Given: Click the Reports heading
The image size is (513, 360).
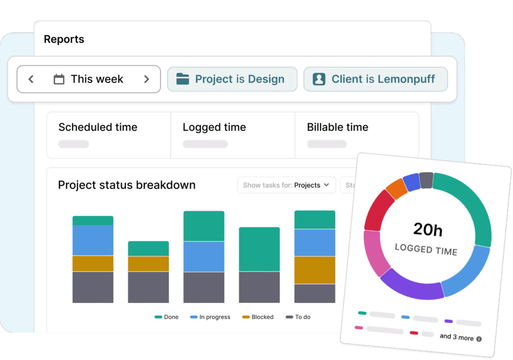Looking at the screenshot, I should click(64, 39).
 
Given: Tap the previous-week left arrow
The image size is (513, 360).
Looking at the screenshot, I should click(31, 79).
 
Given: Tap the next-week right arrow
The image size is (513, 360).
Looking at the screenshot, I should click(146, 79).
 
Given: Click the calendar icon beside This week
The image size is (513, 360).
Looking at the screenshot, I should click(59, 79).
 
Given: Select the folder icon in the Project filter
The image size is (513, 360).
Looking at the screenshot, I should click(182, 79).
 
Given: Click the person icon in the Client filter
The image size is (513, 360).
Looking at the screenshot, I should click(319, 79).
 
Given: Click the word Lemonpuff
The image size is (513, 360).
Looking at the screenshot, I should click(406, 79).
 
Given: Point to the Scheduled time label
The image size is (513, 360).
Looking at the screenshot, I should click(98, 127).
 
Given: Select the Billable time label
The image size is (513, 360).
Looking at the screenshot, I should click(337, 127).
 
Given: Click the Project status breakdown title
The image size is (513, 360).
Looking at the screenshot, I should click(127, 185).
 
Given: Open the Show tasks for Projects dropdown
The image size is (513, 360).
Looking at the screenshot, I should click(286, 185).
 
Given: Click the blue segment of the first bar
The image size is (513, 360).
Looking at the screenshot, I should click(93, 240).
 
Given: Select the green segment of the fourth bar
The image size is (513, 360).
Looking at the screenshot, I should click(259, 249).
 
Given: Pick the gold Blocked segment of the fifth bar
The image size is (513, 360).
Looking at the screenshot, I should click(315, 270).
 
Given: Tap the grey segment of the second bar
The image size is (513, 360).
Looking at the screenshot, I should click(148, 287).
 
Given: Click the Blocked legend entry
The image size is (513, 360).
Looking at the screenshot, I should click(258, 317).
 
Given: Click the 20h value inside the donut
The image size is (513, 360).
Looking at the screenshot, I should click(427, 230).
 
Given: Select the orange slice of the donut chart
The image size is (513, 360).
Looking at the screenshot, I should click(396, 189).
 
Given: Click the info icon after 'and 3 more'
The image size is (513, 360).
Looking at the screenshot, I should click(479, 339).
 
